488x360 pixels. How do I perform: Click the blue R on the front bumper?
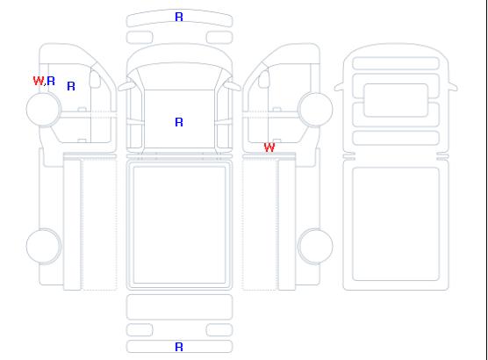click(179, 17)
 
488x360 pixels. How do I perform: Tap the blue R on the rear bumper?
click(179, 347)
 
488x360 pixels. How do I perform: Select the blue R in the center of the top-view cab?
click(179, 122)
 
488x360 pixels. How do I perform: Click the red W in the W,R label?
click(39, 81)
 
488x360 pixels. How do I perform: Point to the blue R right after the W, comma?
click(51, 81)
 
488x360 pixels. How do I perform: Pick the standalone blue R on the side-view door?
click(71, 86)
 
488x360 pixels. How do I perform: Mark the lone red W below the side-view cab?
click(269, 148)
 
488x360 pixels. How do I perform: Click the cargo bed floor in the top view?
click(179, 225)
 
